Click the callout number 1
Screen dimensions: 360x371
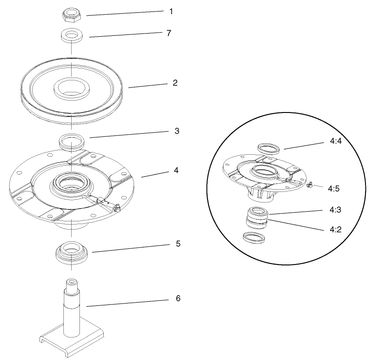point(171,11)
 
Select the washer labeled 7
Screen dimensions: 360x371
point(71,36)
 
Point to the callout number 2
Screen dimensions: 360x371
point(174,83)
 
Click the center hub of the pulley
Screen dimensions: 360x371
point(72,88)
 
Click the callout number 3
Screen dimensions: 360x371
point(177,131)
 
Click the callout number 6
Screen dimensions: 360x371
point(178,298)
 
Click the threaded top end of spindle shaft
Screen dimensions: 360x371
point(72,286)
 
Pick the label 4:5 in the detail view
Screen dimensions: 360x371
point(333,188)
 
